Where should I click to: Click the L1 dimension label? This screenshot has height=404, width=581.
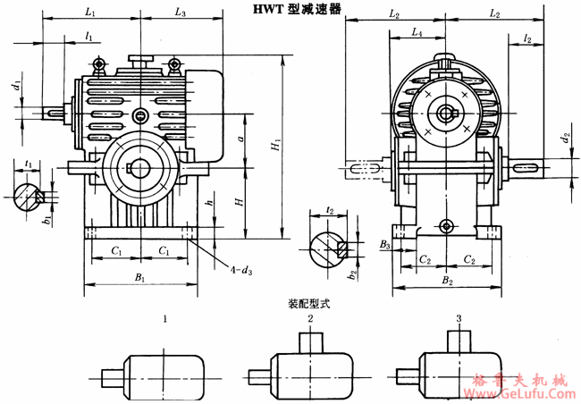(91, 13)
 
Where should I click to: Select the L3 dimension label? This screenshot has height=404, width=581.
(181, 13)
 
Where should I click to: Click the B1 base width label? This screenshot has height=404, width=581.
(140, 279)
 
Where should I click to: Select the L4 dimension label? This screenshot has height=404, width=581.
(417, 32)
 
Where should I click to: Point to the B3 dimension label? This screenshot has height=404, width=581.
(383, 243)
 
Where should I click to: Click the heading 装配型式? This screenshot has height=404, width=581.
(308, 304)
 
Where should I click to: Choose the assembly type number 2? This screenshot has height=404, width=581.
(310, 319)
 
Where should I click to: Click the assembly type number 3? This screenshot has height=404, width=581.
(459, 319)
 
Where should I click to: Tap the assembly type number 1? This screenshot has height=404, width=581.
(165, 319)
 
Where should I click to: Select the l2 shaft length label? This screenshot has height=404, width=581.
(528, 39)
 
